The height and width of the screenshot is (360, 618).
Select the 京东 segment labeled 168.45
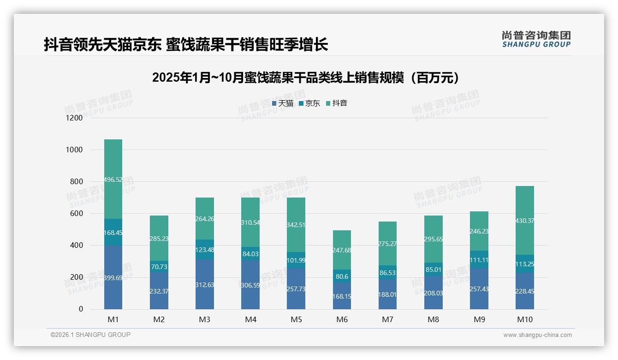click(113, 232)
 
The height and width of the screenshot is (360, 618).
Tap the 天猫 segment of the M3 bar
click(204, 284)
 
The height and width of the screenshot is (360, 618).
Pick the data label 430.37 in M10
click(525, 221)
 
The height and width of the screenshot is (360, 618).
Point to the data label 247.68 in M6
click(342, 250)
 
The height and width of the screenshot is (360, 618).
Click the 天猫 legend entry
click(283, 103)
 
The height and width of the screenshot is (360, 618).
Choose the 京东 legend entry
click(309, 103)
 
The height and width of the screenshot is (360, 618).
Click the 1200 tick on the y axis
click(74, 118)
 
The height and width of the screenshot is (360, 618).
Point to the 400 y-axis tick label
click(76, 246)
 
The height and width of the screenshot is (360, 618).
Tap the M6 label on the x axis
click(342, 319)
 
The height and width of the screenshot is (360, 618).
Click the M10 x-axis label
click(525, 319)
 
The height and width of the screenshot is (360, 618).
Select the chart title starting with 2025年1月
click(305, 78)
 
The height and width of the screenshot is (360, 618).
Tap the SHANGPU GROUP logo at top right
click(536, 39)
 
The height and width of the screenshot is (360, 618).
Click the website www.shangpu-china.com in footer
click(537, 335)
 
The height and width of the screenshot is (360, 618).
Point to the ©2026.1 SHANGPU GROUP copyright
click(90, 335)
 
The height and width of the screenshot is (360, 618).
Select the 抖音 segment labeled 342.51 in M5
click(296, 225)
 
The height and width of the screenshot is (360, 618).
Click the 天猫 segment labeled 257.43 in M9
click(479, 288)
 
